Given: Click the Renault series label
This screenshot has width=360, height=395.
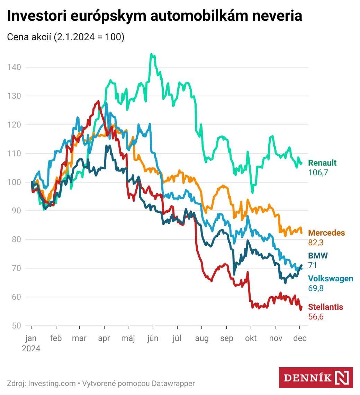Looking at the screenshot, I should pyautogui.click(x=322, y=163).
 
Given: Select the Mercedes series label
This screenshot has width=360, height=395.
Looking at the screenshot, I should pyautogui.click(x=326, y=233).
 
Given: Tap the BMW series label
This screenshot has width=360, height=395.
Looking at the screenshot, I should pyautogui.click(x=318, y=256).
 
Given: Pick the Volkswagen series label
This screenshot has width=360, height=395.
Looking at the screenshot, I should pyautogui.click(x=331, y=279).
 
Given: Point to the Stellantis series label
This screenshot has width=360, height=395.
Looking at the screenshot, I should pyautogui.click(x=325, y=307).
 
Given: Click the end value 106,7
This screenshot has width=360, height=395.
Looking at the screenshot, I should pyautogui.click(x=318, y=173).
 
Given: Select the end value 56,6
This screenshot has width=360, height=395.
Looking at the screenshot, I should pyautogui.click(x=316, y=317).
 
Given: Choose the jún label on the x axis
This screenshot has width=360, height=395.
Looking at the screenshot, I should pyautogui.click(x=153, y=339).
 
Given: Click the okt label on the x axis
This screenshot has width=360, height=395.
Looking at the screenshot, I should pyautogui.click(x=251, y=339).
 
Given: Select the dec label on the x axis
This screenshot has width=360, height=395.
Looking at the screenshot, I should pyautogui.click(x=300, y=339).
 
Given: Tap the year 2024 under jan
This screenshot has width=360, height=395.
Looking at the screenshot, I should pyautogui.click(x=31, y=349).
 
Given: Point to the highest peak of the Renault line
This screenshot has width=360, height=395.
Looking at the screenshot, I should pyautogui.click(x=151, y=54).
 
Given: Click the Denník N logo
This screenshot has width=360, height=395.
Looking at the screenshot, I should pyautogui.click(x=316, y=377).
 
